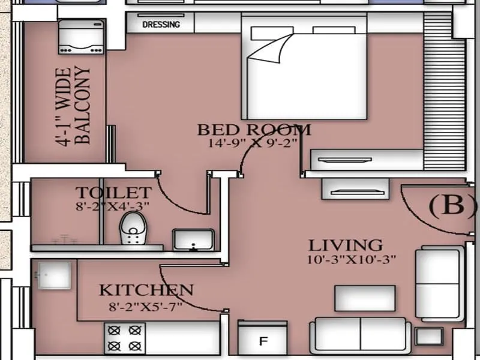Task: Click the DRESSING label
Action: [x=161, y=25]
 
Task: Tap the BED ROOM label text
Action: [x=254, y=130]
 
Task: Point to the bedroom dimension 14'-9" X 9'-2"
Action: [x=253, y=143]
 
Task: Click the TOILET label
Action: [x=113, y=193]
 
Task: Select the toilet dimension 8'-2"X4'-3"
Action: [x=112, y=206]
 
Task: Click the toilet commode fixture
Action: [x=133, y=229]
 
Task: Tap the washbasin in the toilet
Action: [x=193, y=239]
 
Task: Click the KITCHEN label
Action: [x=146, y=290]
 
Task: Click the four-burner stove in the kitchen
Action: [x=125, y=338]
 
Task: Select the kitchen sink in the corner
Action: [x=53, y=275]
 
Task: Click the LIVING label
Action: [x=345, y=245]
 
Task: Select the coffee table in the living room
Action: [x=365, y=298]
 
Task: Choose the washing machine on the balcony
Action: [x=82, y=37]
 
